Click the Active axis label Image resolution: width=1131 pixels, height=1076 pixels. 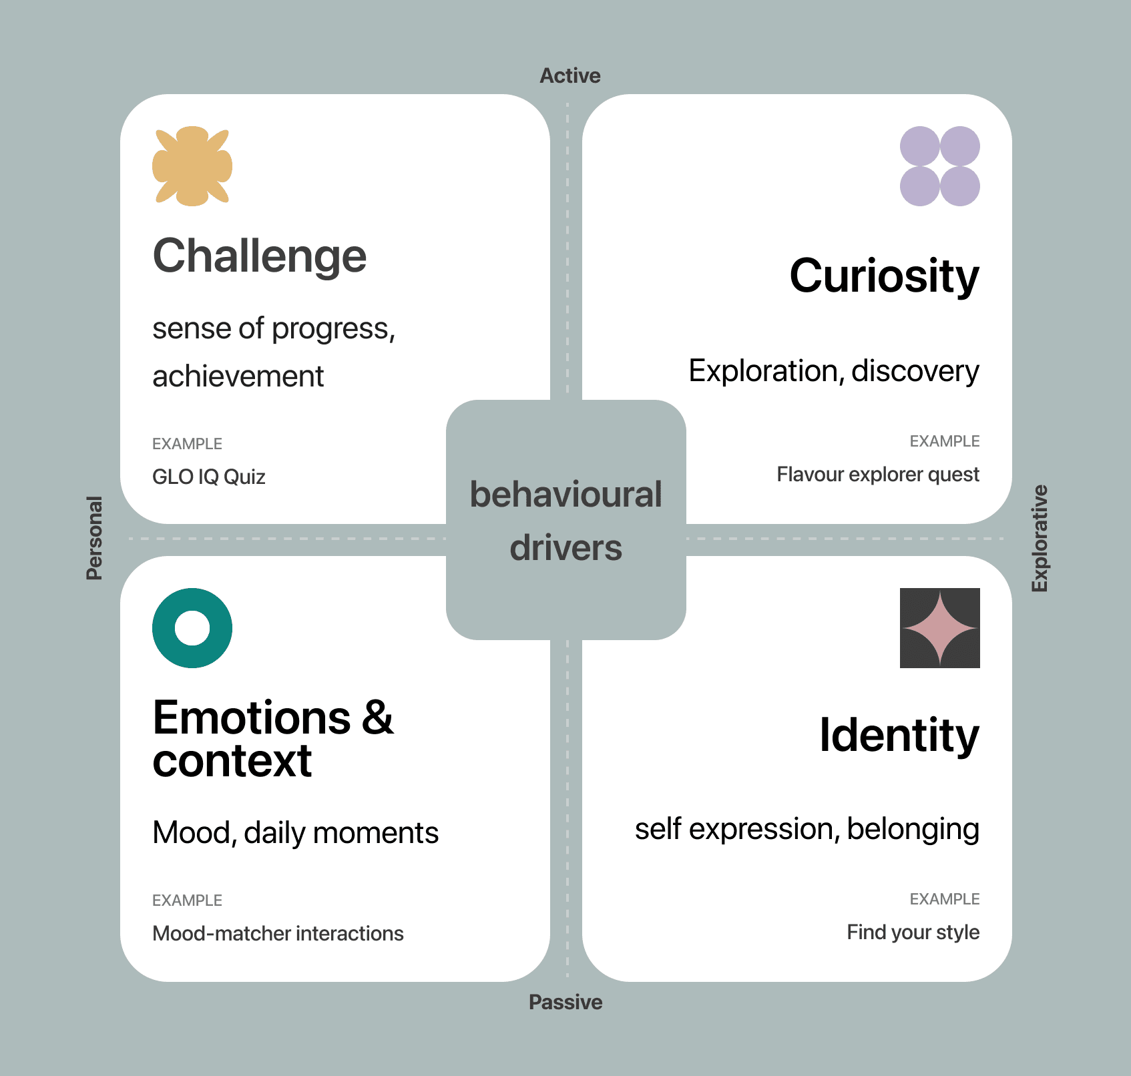pyautogui.click(x=570, y=76)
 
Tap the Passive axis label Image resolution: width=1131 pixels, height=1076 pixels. pyautogui.click(x=565, y=1002)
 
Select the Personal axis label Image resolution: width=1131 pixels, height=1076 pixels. pyautogui.click(x=95, y=538)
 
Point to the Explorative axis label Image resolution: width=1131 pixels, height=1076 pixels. pyautogui.click(x=1040, y=538)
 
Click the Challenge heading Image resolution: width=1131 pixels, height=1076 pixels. pyautogui.click(x=260, y=256)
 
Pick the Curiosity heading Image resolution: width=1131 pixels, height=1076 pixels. pyautogui.click(x=884, y=276)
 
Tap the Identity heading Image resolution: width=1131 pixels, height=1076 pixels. pyautogui.click(x=899, y=736)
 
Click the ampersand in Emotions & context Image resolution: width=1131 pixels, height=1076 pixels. pyautogui.click(x=378, y=718)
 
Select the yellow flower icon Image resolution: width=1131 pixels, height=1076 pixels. pyautogui.click(x=192, y=166)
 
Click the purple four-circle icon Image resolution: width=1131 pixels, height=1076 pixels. pyautogui.click(x=939, y=166)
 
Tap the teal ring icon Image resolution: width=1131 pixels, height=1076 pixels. pyautogui.click(x=192, y=628)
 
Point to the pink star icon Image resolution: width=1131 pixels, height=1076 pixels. pyautogui.click(x=939, y=628)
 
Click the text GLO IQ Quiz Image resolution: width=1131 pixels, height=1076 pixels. pyautogui.click(x=209, y=477)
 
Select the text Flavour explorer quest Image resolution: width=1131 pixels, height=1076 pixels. pyautogui.click(x=877, y=475)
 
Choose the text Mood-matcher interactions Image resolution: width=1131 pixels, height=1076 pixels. pyautogui.click(x=278, y=933)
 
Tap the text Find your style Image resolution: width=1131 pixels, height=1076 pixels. pyautogui.click(x=913, y=932)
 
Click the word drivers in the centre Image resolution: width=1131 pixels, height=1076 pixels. pyautogui.click(x=565, y=548)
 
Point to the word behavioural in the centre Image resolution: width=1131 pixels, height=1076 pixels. pyautogui.click(x=565, y=495)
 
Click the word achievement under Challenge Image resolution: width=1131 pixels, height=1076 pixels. pyautogui.click(x=238, y=376)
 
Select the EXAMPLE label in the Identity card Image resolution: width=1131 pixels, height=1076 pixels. pyautogui.click(x=944, y=899)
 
